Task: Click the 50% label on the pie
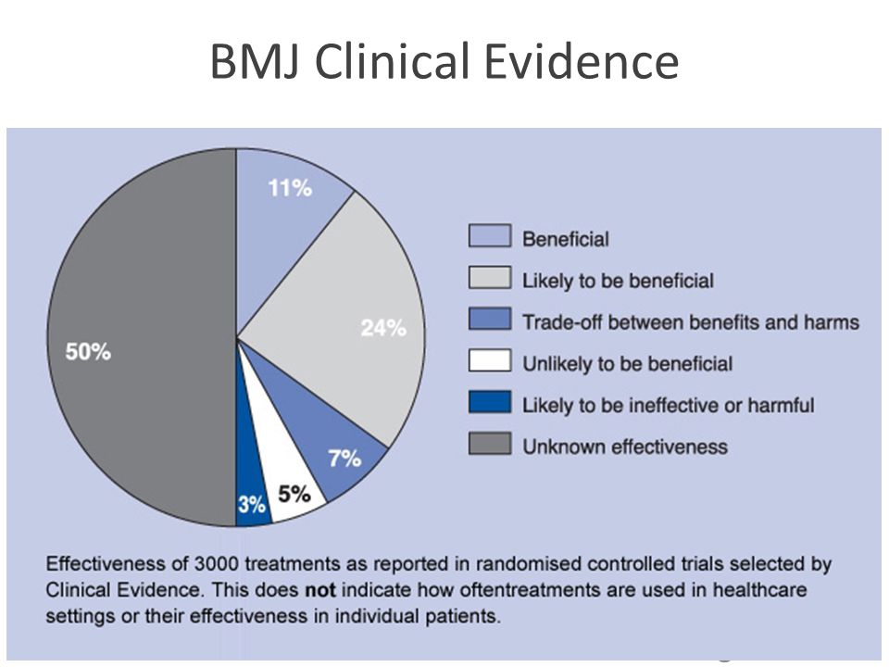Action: tap(88, 352)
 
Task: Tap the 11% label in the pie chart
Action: tap(290, 188)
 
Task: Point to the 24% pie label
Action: tap(383, 328)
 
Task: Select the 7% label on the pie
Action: tap(344, 459)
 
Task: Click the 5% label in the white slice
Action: tap(294, 494)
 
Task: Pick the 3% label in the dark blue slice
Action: tap(252, 504)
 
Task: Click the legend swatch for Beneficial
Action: tap(490, 236)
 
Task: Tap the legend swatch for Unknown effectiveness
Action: tap(490, 444)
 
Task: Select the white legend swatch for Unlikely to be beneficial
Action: tap(490, 360)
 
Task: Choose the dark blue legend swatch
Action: tap(490, 402)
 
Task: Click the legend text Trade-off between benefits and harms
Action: tap(691, 322)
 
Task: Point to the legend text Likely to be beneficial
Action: tap(618, 281)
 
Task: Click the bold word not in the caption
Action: tap(320, 590)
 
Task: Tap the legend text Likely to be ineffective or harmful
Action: tap(668, 405)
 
